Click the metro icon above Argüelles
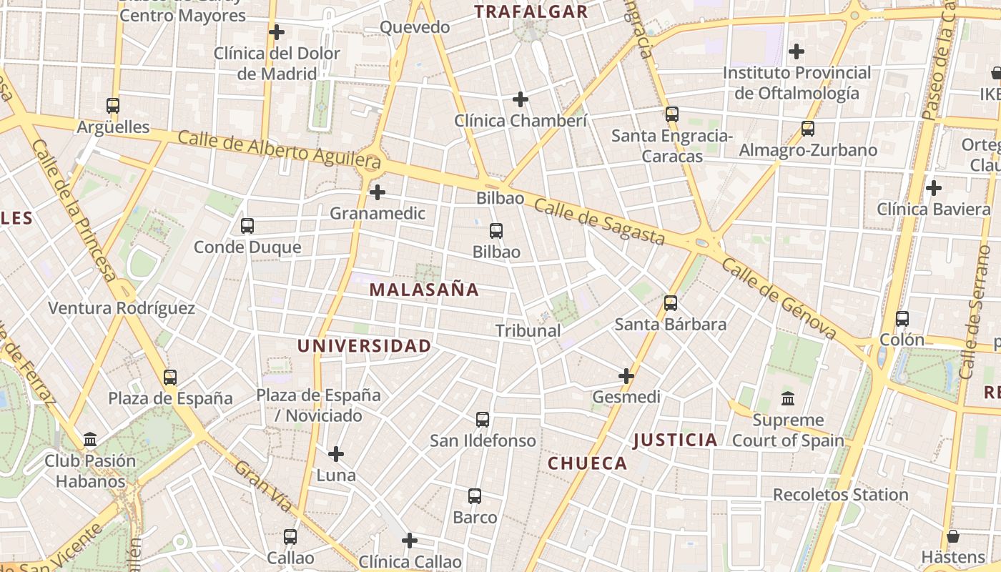[113, 106]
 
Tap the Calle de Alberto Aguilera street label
[279, 149]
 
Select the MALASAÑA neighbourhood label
[424, 290]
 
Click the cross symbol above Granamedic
[377, 192]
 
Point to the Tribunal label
[528, 331]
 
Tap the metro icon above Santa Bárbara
[671, 303]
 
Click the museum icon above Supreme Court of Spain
[788, 398]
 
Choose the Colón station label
[902, 340]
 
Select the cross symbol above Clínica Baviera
[933, 188]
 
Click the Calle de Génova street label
[779, 298]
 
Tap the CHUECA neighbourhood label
[587, 463]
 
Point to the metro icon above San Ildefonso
[483, 420]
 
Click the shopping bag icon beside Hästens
[953, 536]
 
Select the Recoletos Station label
[840, 494]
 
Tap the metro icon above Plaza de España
[170, 378]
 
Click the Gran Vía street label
[263, 486]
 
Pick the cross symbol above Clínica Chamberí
[521, 99]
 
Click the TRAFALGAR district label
[531, 11]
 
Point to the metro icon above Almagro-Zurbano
[808, 129]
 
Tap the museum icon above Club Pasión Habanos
[90, 439]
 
